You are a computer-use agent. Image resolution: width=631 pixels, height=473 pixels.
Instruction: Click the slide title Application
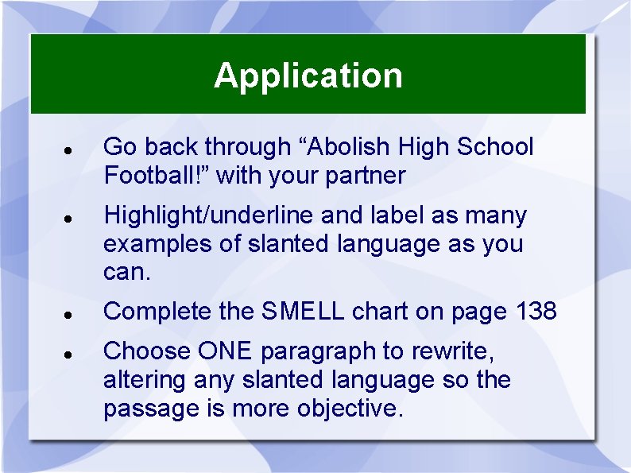[308, 76]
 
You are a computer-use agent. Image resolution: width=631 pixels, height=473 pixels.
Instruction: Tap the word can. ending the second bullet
[125, 273]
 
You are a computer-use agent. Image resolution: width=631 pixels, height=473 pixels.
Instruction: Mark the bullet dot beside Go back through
[69, 149]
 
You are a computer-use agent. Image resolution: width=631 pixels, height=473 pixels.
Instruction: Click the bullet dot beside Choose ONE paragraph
[69, 353]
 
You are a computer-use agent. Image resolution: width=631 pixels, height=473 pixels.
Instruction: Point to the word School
[494, 147]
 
